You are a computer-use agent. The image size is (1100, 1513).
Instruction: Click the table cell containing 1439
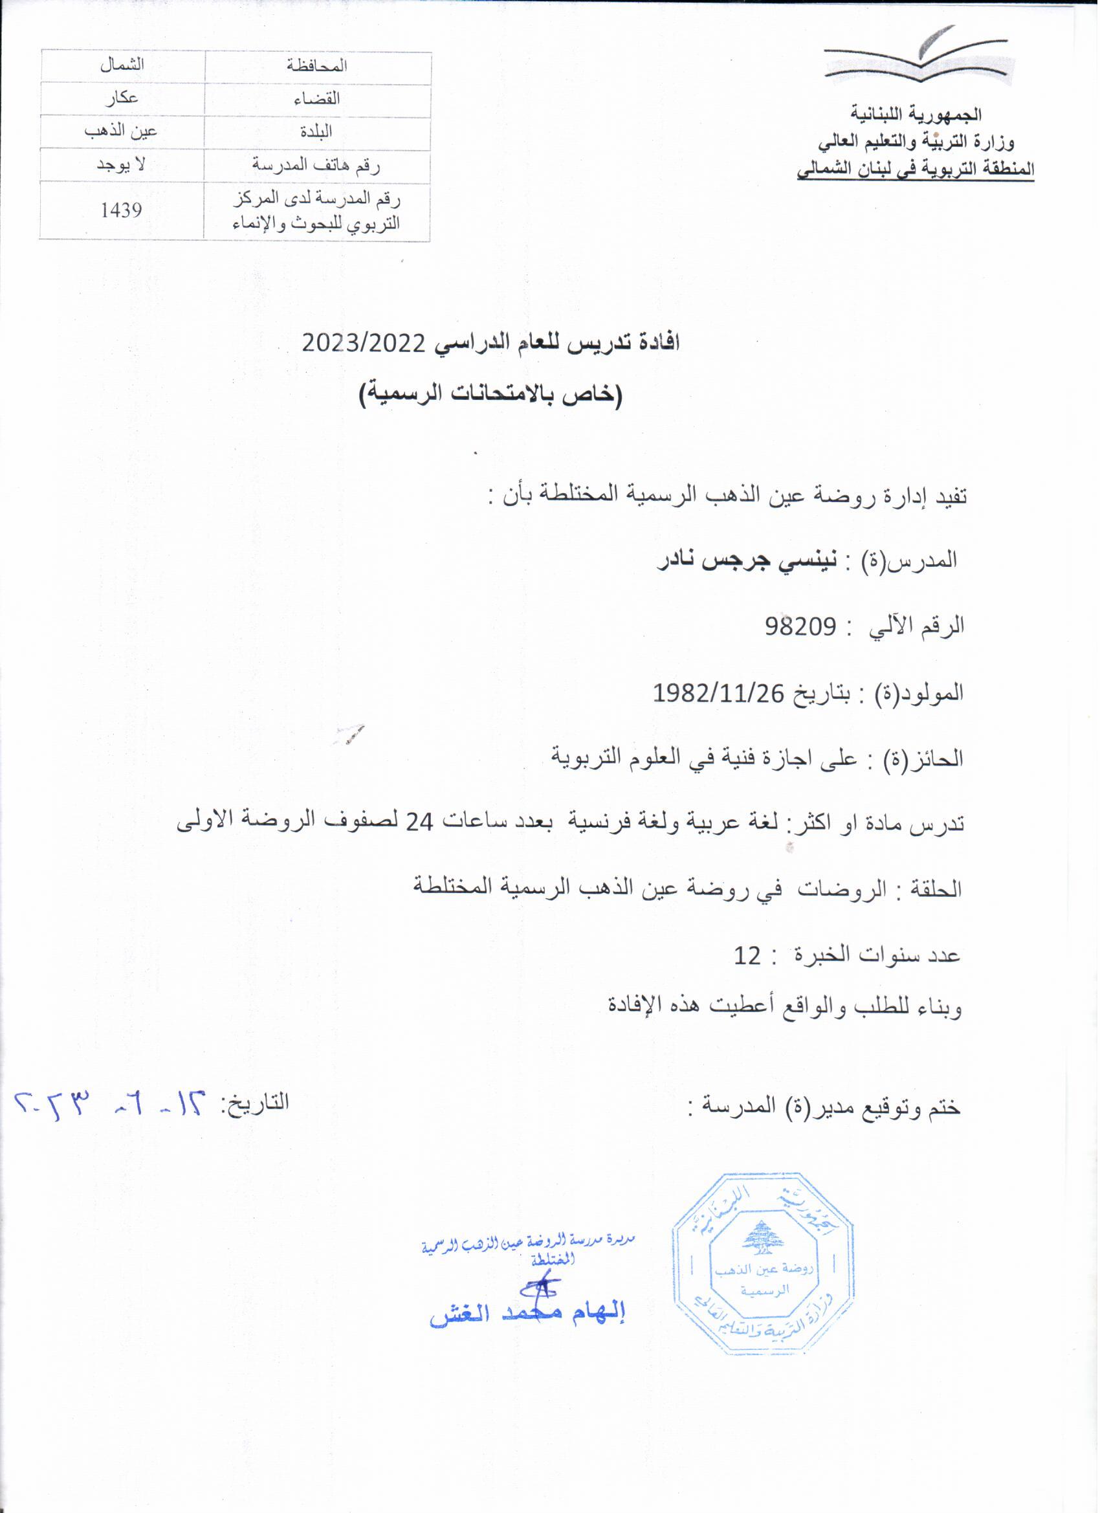tap(122, 211)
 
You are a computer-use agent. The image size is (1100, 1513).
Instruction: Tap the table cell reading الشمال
tap(122, 65)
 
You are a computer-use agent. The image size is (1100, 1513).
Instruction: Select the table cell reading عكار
tap(122, 98)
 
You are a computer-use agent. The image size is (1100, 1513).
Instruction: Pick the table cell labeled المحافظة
tap(318, 66)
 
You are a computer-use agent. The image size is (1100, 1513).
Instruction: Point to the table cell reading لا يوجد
tap(121, 166)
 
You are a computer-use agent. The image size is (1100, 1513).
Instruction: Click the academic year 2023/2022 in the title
tap(364, 344)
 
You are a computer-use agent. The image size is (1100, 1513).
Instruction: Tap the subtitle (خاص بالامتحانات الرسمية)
tap(491, 394)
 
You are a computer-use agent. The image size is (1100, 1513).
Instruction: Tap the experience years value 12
tap(747, 956)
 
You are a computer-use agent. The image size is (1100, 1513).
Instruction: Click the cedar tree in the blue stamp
tap(762, 1238)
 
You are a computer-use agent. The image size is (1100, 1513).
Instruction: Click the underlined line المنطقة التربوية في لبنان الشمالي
tap(915, 170)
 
